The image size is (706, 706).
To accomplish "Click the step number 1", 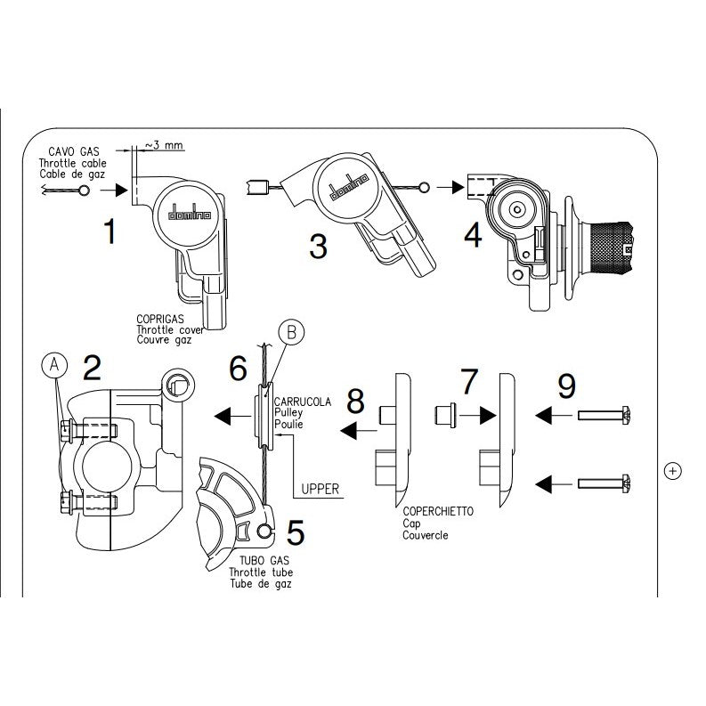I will pyautogui.click(x=110, y=231).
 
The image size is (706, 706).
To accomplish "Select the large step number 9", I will pyautogui.click(x=566, y=386).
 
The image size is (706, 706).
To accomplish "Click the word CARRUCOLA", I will pyautogui.click(x=304, y=402).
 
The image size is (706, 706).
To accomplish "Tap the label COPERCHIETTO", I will pyautogui.click(x=437, y=512).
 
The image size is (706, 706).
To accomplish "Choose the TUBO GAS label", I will pyautogui.click(x=254, y=561).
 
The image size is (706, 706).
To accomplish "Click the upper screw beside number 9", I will pyautogui.click(x=604, y=414).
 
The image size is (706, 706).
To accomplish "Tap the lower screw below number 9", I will pyautogui.click(x=604, y=482).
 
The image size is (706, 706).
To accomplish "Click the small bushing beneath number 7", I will pyautogui.click(x=446, y=415).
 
